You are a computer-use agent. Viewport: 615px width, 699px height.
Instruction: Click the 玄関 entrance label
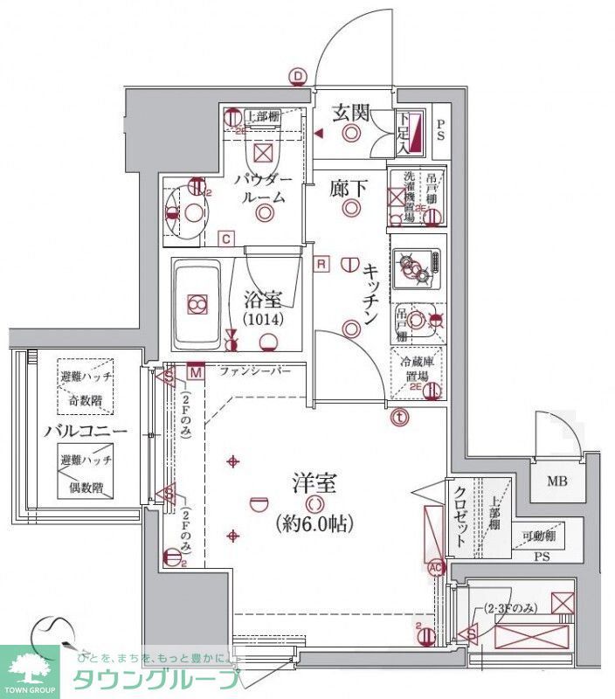click(x=351, y=111)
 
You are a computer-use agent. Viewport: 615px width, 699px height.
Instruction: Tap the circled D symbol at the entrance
click(x=299, y=77)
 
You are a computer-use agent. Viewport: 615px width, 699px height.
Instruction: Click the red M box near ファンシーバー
click(x=196, y=372)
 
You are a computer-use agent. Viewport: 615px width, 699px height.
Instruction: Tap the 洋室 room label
click(x=314, y=482)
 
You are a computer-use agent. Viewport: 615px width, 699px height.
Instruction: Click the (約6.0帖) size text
click(x=314, y=524)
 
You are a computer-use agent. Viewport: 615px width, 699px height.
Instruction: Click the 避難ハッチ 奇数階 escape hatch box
click(x=85, y=386)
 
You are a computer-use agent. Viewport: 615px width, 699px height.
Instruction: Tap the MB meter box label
click(x=556, y=480)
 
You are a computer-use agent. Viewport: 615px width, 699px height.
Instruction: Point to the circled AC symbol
click(x=436, y=565)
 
